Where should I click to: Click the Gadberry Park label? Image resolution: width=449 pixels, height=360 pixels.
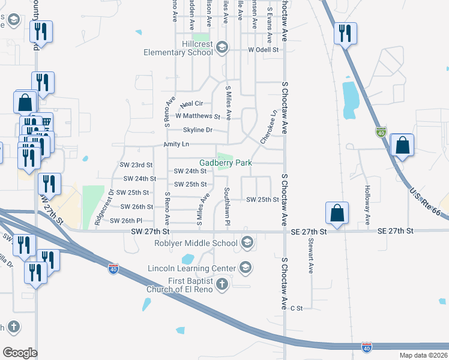click(x=225, y=163)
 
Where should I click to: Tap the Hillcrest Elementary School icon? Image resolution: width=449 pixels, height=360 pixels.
click(x=222, y=47)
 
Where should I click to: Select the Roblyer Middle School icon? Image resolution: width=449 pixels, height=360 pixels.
click(x=246, y=243)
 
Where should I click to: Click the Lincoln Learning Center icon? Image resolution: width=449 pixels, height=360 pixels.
click(x=245, y=267)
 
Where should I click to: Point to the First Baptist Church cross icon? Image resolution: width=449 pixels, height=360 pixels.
click(x=222, y=283)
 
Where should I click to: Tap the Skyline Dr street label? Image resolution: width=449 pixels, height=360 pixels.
click(x=197, y=130)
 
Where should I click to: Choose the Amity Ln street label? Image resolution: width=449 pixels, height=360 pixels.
click(x=176, y=145)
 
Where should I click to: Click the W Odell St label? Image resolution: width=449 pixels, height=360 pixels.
click(x=264, y=50)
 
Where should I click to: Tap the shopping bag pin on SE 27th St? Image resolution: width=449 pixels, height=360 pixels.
click(x=337, y=212)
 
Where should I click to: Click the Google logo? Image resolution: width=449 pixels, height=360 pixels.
click(x=20, y=353)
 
